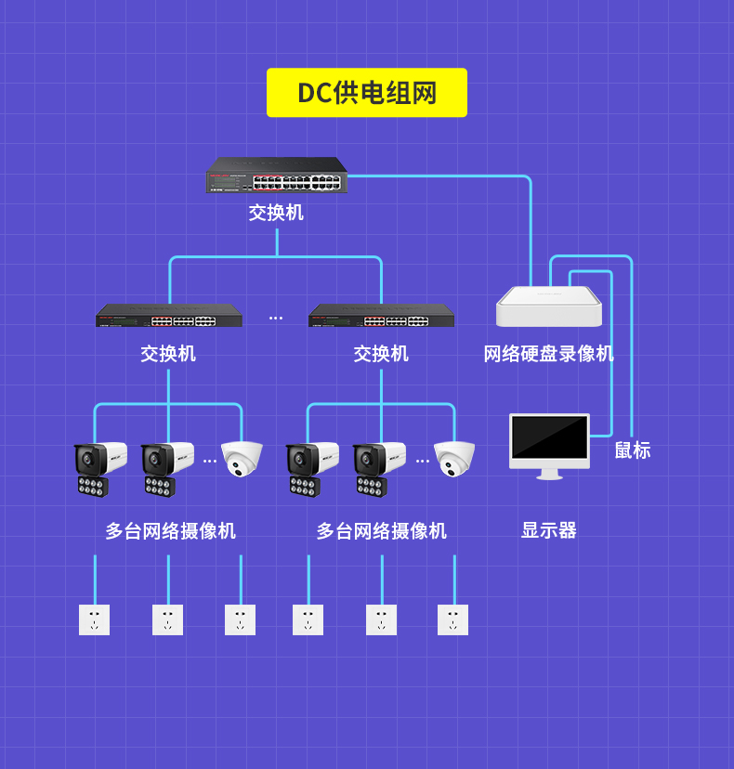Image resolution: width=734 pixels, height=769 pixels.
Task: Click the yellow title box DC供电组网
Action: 366,93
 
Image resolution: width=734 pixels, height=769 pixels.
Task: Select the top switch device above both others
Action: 277,176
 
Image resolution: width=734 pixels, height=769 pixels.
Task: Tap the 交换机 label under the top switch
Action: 276,213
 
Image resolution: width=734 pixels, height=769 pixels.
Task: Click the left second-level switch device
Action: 169,316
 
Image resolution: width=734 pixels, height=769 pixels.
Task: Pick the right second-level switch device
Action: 381,316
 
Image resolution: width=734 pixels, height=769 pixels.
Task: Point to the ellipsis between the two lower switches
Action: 276,319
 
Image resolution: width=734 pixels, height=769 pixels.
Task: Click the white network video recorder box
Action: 548,306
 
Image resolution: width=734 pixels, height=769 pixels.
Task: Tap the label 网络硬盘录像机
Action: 548,354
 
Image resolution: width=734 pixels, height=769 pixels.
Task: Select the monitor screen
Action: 549,442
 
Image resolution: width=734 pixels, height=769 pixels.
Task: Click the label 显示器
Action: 548,530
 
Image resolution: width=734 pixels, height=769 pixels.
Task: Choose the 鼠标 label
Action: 633,450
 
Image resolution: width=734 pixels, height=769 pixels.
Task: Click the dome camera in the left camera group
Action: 242,458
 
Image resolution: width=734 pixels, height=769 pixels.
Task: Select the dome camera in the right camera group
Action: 454,458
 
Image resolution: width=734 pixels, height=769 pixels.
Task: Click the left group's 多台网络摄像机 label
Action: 170,531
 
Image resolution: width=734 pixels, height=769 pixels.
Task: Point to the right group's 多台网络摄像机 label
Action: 381,531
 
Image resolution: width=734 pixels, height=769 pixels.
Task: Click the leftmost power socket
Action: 94,619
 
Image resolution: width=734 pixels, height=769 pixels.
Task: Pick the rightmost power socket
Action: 452,619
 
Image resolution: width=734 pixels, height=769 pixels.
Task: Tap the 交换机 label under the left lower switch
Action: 168,354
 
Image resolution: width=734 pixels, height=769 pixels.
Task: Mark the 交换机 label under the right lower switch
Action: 381,354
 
